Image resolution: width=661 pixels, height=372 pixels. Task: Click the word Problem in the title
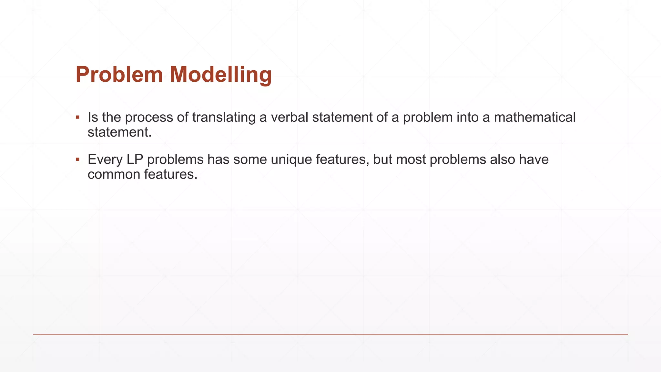point(119,75)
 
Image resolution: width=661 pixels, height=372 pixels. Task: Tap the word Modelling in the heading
point(220,75)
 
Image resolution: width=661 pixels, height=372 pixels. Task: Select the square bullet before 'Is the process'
point(77,117)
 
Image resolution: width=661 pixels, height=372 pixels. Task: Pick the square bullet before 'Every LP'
point(77,159)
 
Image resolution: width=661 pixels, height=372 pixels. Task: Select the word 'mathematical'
point(534,117)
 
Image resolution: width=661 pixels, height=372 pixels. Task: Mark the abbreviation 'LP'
point(135,160)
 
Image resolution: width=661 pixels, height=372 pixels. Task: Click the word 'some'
point(250,160)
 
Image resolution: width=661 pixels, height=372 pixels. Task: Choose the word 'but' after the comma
point(382,160)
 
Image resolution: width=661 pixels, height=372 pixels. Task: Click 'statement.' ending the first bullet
point(119,132)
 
